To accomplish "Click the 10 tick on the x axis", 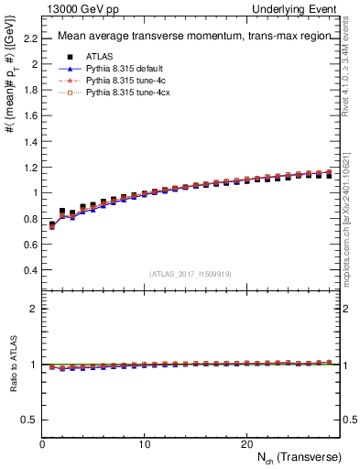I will click(x=144, y=443).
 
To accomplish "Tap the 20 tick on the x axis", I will click(x=246, y=443).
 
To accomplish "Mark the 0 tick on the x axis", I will click(x=42, y=443).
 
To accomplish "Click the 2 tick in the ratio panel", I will click(x=34, y=309).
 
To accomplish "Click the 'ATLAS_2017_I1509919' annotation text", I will click(x=191, y=274).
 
